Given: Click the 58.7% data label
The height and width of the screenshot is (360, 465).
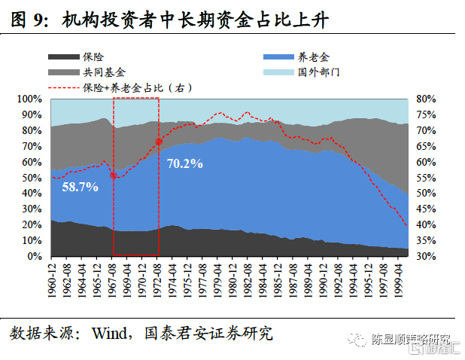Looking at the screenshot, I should (x=81, y=187).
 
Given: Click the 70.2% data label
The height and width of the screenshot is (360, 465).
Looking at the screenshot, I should (x=185, y=163).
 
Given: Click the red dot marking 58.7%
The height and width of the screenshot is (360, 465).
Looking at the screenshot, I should (x=114, y=175).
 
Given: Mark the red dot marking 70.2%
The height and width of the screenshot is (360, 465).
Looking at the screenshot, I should (x=159, y=142).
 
